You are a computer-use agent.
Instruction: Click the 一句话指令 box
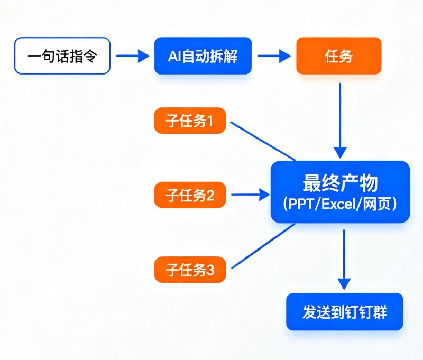(x=62, y=56)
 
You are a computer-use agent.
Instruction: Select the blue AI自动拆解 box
(x=203, y=56)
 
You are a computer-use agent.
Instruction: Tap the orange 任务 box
(x=339, y=56)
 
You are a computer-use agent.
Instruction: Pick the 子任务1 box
(x=190, y=121)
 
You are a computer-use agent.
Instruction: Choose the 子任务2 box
(x=190, y=195)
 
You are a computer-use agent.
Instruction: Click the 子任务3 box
(x=190, y=270)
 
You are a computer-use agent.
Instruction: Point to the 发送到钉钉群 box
(x=345, y=312)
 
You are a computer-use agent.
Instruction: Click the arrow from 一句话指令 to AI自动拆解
(x=133, y=56)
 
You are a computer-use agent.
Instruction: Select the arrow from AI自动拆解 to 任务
(x=274, y=56)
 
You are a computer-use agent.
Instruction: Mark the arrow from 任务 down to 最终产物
(x=340, y=121)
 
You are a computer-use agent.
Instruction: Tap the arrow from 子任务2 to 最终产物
(x=250, y=195)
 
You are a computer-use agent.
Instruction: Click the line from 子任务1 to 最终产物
(x=263, y=141)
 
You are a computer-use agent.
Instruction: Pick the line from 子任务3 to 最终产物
(x=263, y=246)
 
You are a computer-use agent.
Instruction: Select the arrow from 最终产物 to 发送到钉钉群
(x=344, y=260)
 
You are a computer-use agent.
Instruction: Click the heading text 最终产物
(x=340, y=183)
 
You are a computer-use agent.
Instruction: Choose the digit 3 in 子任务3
(x=210, y=270)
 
